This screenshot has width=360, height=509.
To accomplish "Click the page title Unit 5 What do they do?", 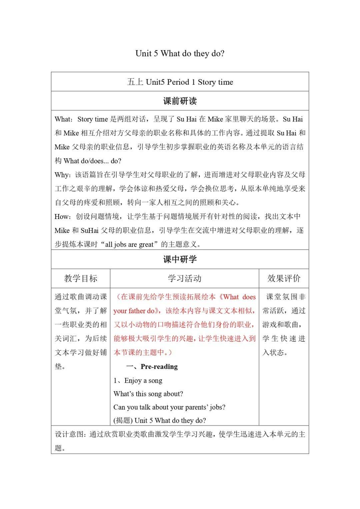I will [x=180, y=54].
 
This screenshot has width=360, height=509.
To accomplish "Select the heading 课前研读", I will [x=180, y=101].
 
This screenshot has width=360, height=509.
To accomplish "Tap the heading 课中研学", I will [x=180, y=259].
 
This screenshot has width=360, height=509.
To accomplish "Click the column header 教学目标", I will [x=81, y=279].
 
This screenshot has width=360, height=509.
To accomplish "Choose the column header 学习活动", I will [x=184, y=279].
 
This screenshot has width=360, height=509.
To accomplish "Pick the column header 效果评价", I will [x=284, y=279].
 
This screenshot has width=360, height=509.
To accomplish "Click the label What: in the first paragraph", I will [x=63, y=119].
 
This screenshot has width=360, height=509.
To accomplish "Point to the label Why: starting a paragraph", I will [x=63, y=175].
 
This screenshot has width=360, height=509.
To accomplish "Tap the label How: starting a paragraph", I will [x=63, y=217].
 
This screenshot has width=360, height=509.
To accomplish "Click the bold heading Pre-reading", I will [x=159, y=367].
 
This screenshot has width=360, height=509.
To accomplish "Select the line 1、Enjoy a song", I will [x=138, y=380].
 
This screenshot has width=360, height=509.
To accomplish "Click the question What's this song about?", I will [x=148, y=394].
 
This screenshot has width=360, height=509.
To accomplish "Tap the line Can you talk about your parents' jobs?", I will [x=169, y=407].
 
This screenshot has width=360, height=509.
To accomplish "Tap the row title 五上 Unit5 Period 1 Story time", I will [x=180, y=82].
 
